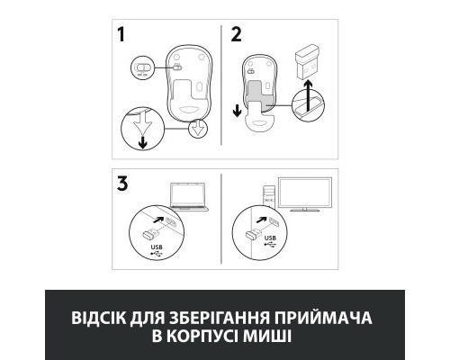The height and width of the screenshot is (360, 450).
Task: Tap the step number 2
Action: pyautogui.click(x=237, y=38)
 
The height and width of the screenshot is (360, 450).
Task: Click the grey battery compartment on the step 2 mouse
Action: pyautogui.click(x=260, y=90)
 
